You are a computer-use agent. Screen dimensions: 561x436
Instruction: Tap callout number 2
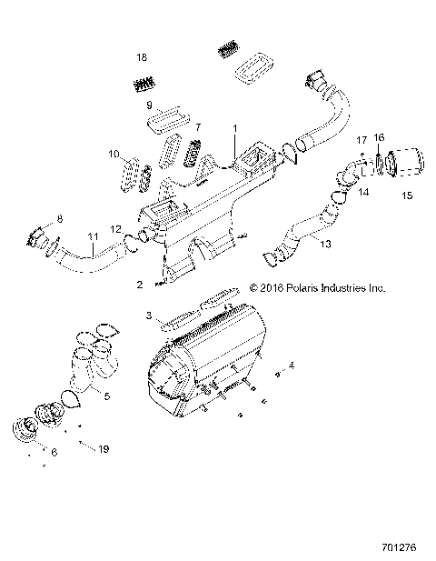coord(139,285)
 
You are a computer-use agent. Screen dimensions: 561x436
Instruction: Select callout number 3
coord(147,315)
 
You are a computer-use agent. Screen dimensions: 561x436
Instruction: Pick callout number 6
coord(54,452)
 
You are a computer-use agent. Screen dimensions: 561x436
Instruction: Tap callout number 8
coord(60,218)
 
